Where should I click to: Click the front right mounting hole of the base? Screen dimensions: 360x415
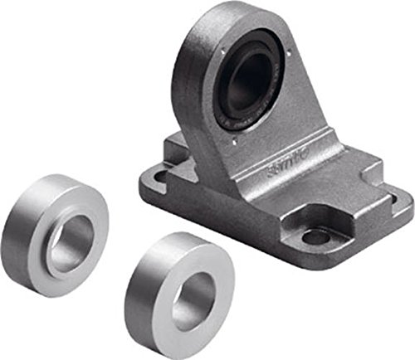point(316,237)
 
